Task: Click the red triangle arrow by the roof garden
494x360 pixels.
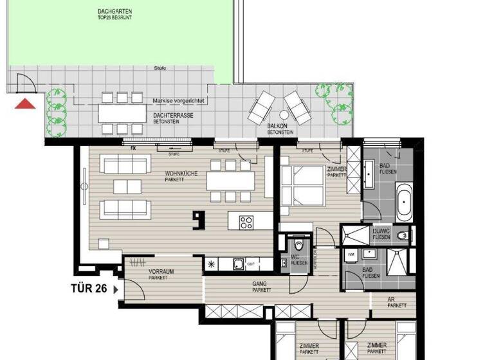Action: coord(24,104)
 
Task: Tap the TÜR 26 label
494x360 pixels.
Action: coord(89,289)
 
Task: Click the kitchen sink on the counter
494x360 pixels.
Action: coord(238,263)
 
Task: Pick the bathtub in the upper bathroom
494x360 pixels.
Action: coord(405,201)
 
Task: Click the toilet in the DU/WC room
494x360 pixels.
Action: coord(403,235)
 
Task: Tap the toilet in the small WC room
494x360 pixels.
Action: coord(298,246)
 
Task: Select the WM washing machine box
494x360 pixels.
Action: coord(351,255)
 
